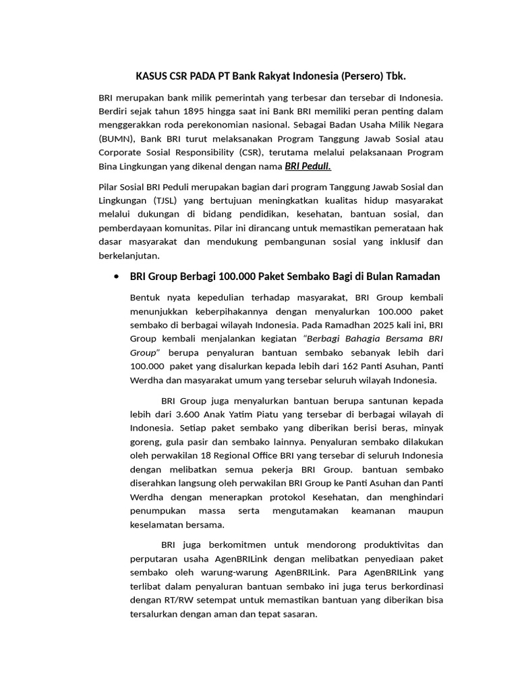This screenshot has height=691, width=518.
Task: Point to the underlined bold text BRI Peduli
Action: [308, 166]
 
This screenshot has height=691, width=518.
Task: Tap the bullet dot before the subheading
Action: [118, 277]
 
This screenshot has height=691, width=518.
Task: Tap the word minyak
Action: [428, 427]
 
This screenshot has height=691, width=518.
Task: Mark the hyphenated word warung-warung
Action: [217, 572]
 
